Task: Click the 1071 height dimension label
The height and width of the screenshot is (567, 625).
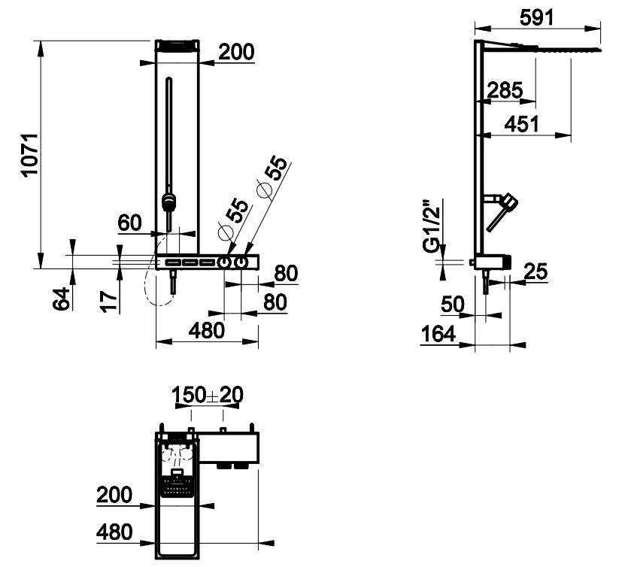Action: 30,154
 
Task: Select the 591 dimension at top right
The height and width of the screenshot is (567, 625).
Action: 537,17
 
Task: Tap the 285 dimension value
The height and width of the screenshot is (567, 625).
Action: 505,90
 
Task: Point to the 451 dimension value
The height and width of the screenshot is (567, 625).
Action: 521,124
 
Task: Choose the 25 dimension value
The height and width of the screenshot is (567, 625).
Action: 535,271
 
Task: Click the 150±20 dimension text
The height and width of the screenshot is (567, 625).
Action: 208,395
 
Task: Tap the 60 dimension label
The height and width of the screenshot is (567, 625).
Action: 129,223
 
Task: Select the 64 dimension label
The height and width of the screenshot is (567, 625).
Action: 61,299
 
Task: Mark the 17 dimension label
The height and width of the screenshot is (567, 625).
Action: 108,301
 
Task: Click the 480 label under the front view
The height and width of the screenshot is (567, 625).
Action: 207,331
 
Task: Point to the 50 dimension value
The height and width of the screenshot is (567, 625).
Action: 453,305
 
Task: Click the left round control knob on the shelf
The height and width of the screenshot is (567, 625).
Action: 223,263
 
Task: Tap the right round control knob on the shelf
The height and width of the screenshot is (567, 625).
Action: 241,263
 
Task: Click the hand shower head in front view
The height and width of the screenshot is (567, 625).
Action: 169,202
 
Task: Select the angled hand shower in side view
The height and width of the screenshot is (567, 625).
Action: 502,211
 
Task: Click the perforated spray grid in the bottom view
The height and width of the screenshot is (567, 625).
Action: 177,487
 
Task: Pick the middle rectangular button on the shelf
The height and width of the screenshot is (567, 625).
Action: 190,262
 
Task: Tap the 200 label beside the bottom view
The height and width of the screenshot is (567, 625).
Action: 114,495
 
